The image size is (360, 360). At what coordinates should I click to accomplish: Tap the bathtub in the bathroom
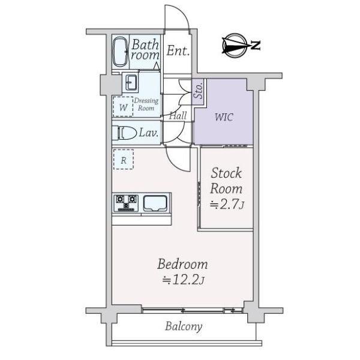tap(120, 52)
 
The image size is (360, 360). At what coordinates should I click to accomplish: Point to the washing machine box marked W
tap(123, 107)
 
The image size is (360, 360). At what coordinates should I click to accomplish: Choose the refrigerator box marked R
tap(123, 160)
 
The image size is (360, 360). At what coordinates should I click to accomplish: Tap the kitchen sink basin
tap(156, 204)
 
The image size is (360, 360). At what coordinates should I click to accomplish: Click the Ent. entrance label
tap(178, 51)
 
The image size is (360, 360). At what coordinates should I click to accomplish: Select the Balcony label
tap(184, 327)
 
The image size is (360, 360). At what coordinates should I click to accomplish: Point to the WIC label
tap(224, 116)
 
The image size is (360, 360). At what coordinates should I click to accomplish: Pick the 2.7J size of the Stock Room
tap(226, 205)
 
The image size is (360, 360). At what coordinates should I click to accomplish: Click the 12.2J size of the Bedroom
tap(183, 279)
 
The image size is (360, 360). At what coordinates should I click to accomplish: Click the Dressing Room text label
tap(146, 104)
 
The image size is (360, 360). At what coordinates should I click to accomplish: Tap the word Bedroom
tap(183, 263)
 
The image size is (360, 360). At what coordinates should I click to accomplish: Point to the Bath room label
tap(145, 49)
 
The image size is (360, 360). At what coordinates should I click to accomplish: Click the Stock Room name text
tap(226, 181)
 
